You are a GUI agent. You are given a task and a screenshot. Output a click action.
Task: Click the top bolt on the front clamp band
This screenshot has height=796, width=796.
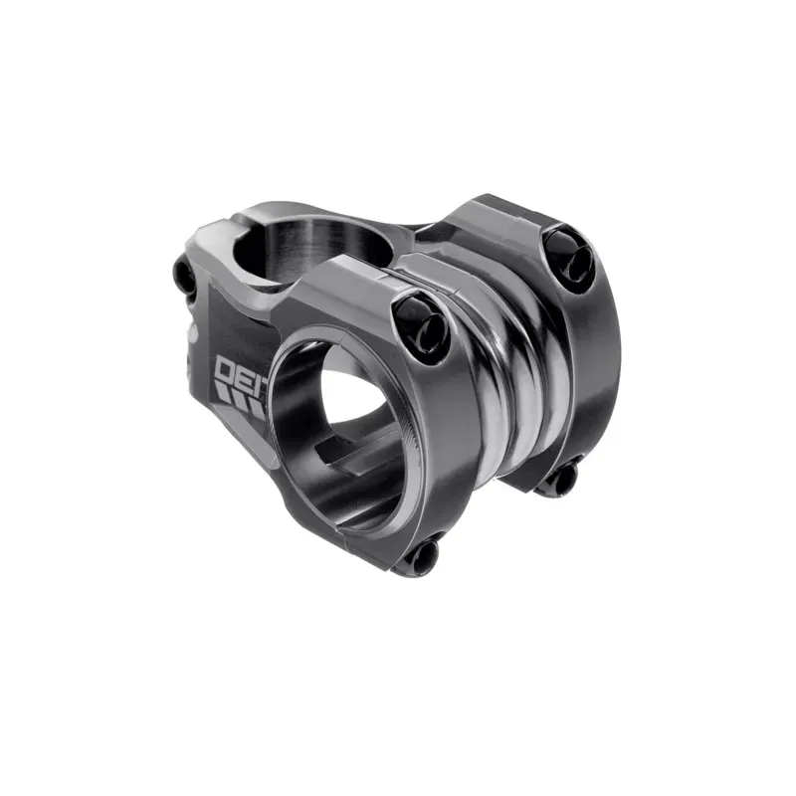tap(417, 316)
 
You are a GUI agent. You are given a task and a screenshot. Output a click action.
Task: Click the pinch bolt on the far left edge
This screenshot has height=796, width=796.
tap(184, 277)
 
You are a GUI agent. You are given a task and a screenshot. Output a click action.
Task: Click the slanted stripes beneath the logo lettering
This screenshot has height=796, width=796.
tap(239, 402)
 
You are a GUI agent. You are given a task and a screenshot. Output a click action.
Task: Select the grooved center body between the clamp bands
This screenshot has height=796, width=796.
tap(507, 378)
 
